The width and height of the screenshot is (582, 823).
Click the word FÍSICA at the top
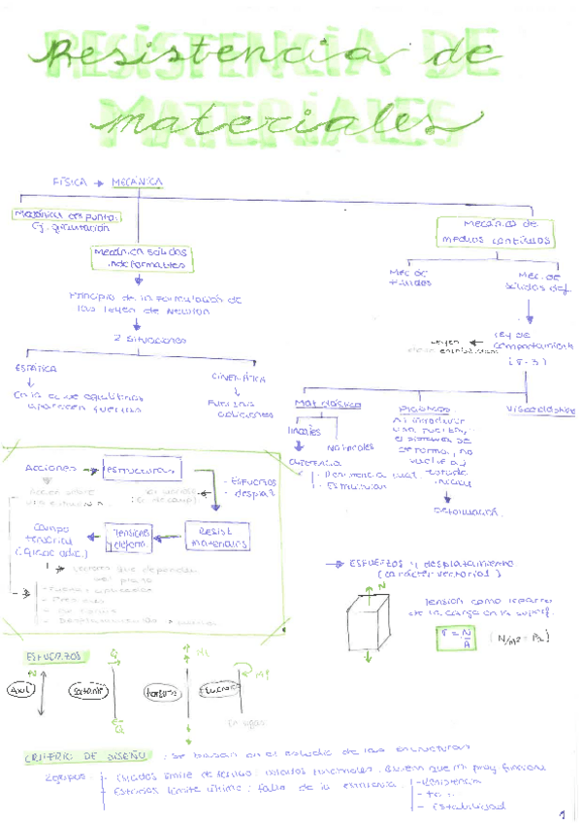pyautogui.click(x=71, y=181)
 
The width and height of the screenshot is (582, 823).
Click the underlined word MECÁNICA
pyautogui.click(x=137, y=181)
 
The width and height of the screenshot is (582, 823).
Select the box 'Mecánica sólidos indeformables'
pyautogui.click(x=140, y=257)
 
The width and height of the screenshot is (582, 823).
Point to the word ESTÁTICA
pyautogui.click(x=36, y=369)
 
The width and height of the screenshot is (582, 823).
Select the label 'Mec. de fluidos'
pyautogui.click(x=407, y=278)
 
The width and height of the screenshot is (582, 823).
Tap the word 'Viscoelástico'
pyautogui.click(x=540, y=409)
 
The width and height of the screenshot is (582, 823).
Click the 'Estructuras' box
pyautogui.click(x=142, y=470)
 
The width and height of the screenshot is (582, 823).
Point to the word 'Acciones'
pyautogui.click(x=46, y=468)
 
